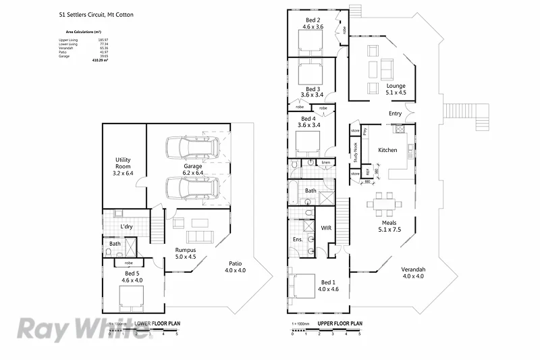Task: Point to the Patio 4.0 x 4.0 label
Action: pyautogui.click(x=235, y=266)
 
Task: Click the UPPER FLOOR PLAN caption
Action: pyautogui.click(x=340, y=324)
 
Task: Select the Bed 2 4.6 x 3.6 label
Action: pyautogui.click(x=313, y=24)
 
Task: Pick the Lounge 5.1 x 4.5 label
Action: pyautogui.click(x=396, y=89)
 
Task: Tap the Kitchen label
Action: pyautogui.click(x=387, y=150)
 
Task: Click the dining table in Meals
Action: pyautogui.click(x=381, y=203)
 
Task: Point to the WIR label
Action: pyautogui.click(x=325, y=228)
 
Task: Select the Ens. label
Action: pyautogui.click(x=296, y=239)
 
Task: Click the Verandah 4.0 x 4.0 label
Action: pyautogui.click(x=414, y=272)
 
